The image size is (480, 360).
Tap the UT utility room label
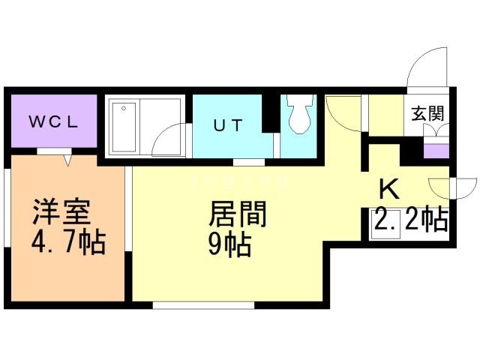pyautogui.click(x=227, y=125)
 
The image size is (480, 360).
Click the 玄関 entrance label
pyautogui.click(x=427, y=113)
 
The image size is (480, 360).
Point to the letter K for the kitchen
pyautogui.click(x=388, y=188)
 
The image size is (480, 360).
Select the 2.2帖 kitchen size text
pyautogui.click(x=411, y=220)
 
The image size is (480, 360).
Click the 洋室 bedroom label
pyautogui.click(x=62, y=212)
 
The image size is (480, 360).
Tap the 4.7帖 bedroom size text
pyautogui.click(x=68, y=244)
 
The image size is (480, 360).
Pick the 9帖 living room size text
pyautogui.click(x=229, y=244)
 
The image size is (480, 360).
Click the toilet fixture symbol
pyautogui.click(x=302, y=117)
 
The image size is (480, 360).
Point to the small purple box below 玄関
pyautogui.click(x=434, y=151)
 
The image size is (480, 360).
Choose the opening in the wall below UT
pyautogui.click(x=248, y=162)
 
